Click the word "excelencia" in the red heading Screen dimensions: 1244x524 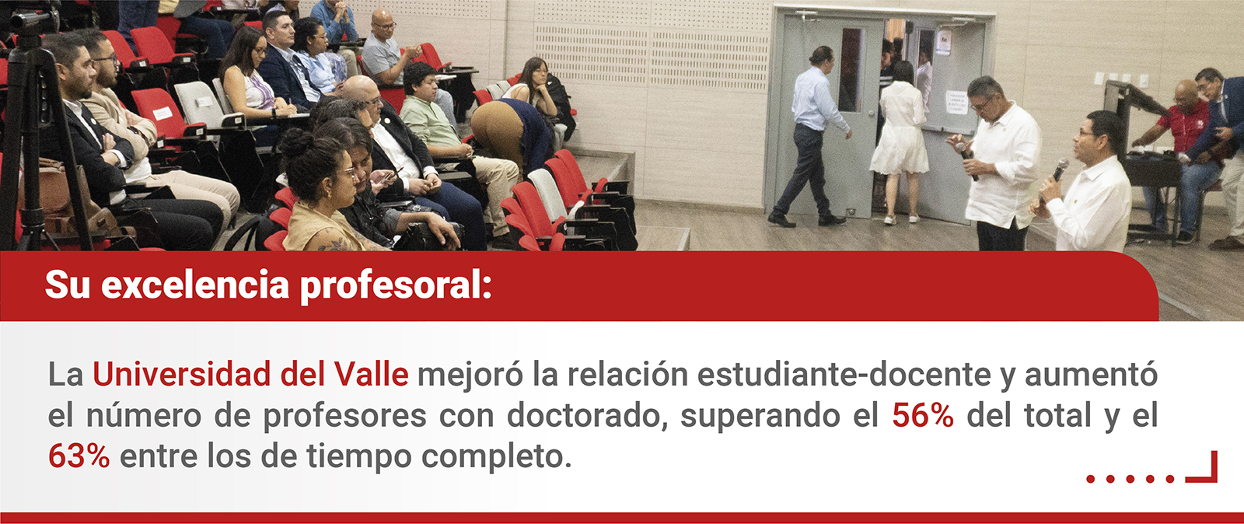coord(195,285)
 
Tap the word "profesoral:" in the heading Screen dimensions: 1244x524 coord(396,286)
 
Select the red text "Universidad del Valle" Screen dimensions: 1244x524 coord(250,374)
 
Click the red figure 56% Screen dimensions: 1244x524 coord(923,415)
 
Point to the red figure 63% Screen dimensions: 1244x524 coord(79,456)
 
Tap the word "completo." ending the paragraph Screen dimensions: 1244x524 coord(496,457)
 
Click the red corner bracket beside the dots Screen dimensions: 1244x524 coord(1211,473)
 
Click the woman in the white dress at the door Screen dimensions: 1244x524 coord(900,141)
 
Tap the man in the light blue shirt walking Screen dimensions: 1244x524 coord(812,136)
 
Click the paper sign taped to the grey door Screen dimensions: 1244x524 coord(956,103)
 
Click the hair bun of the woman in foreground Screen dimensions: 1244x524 coord(294,142)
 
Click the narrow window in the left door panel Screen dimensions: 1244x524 coord(851,70)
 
